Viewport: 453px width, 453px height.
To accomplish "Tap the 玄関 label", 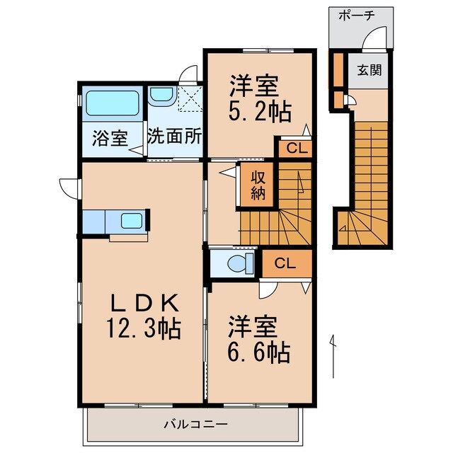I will tap(368, 71).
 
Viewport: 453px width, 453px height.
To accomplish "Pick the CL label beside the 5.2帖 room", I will tap(292, 149).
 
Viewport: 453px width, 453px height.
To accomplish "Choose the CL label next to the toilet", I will tap(285, 264).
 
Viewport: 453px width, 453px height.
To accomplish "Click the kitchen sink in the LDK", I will tap(130, 220).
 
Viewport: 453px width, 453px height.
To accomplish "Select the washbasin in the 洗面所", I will tap(161, 94).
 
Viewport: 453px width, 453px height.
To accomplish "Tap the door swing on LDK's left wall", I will tap(69, 187).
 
